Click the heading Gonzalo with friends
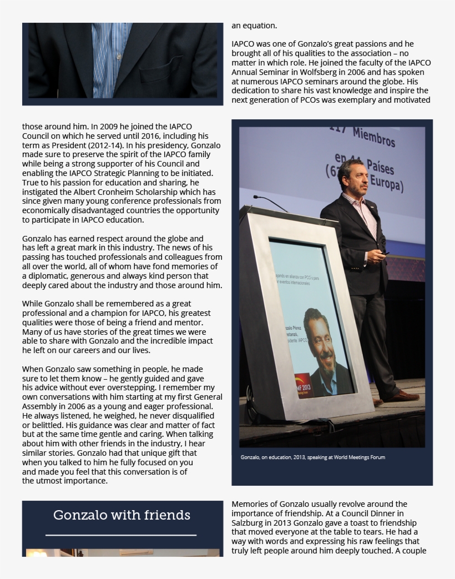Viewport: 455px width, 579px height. click(x=122, y=516)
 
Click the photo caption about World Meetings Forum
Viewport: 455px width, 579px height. click(x=312, y=457)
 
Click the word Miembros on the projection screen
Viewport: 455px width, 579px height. click(x=373, y=137)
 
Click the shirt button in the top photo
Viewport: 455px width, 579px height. click(x=118, y=57)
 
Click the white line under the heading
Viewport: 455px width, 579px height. click(x=121, y=535)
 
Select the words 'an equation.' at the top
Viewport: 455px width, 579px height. click(x=254, y=26)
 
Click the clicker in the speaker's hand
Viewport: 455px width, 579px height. click(x=385, y=253)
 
